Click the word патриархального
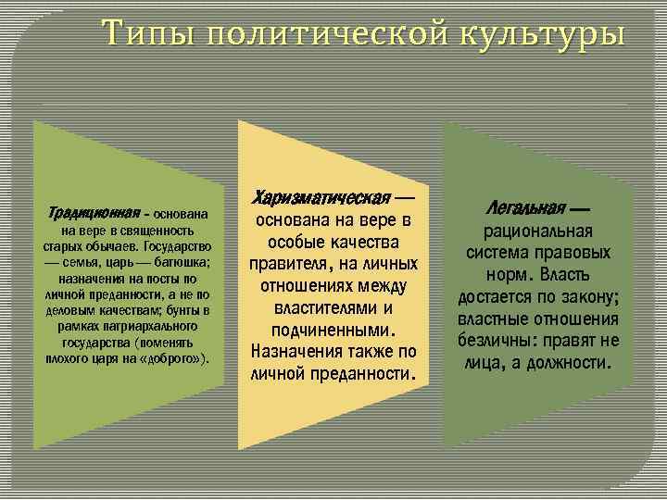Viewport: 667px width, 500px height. tap(155, 327)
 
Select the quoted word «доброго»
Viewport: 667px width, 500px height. tap(179, 357)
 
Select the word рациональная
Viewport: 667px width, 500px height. tap(537, 232)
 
